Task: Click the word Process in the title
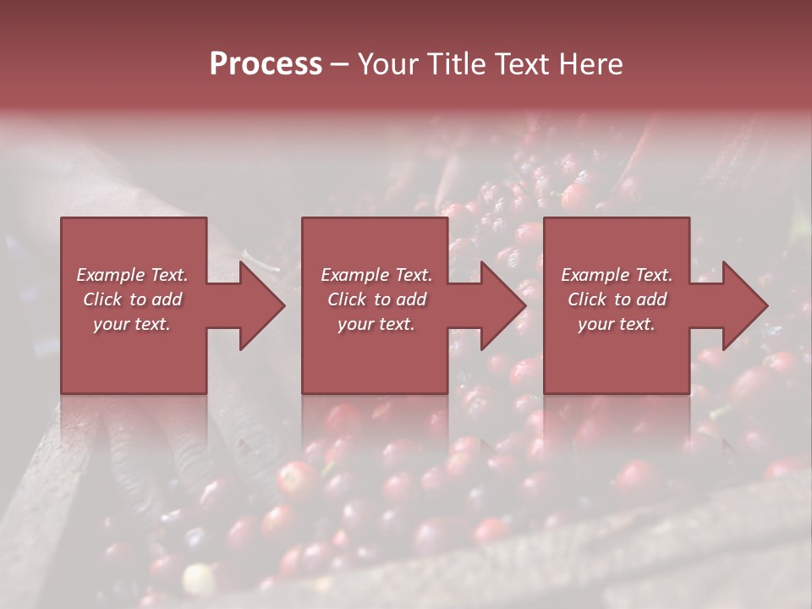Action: point(266,64)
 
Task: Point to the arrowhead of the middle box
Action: point(502,305)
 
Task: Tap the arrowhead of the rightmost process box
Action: point(744,305)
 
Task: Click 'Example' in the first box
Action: point(110,275)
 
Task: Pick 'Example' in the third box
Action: point(595,275)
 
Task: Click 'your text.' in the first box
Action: point(132,324)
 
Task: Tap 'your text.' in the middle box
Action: point(376,324)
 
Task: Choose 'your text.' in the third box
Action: point(617,324)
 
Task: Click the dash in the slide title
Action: point(339,64)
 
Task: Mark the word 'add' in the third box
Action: point(650,299)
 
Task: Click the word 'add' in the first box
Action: point(166,299)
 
